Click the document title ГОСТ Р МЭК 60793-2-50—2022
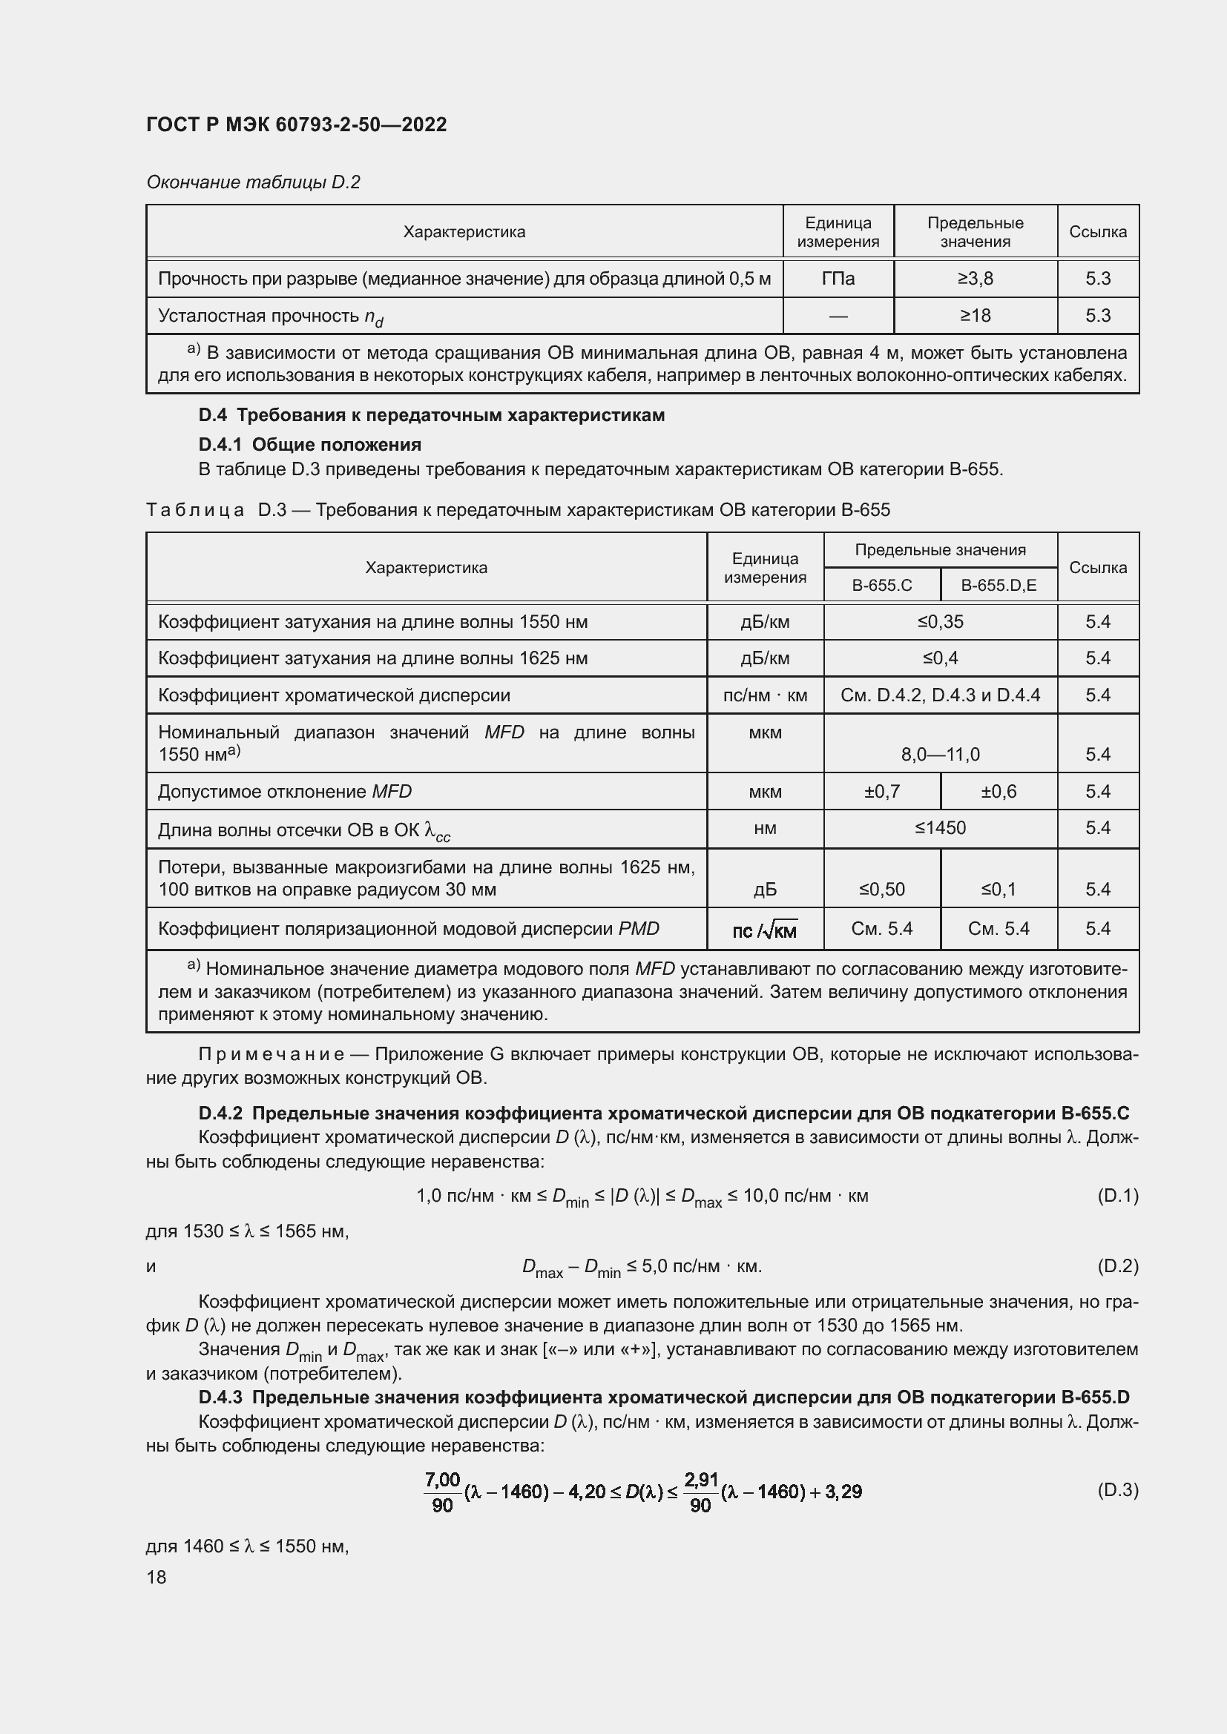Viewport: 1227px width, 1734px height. tap(296, 125)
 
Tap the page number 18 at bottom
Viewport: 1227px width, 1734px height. tap(157, 1577)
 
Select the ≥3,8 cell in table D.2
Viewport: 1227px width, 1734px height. tap(975, 279)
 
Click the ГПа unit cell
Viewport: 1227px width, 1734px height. tap(838, 279)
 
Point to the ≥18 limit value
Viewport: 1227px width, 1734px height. tap(975, 316)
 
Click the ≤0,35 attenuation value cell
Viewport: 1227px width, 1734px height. tap(940, 621)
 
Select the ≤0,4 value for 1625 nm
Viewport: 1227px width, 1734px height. tap(940, 658)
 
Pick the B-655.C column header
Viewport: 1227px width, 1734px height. tap(882, 586)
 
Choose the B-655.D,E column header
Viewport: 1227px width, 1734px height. tap(998, 586)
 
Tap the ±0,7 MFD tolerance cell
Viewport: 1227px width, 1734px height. tap(882, 792)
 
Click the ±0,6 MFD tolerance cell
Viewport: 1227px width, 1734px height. tap(998, 792)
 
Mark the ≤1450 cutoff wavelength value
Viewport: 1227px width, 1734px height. tap(940, 828)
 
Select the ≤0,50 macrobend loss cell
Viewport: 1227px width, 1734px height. tap(882, 889)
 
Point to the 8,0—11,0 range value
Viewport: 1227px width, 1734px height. tap(940, 754)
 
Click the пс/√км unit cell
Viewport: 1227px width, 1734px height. tap(765, 930)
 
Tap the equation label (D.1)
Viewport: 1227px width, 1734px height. tap(1116, 1196)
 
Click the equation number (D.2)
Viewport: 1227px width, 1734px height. tap(1116, 1265)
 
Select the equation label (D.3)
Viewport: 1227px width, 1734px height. tap(1116, 1490)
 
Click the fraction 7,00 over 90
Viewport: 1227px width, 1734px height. tap(442, 1492)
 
